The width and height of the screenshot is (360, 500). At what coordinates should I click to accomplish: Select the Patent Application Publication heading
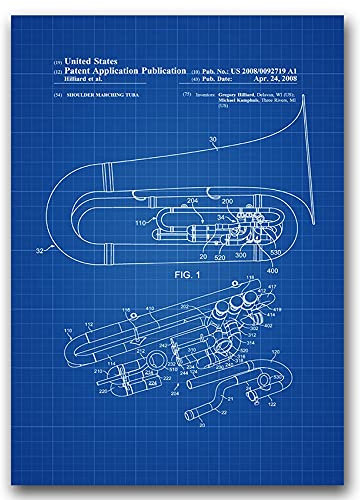point(119,71)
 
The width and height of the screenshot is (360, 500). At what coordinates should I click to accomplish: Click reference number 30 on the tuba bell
point(213,140)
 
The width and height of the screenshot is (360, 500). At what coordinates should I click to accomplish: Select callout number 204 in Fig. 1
point(194,199)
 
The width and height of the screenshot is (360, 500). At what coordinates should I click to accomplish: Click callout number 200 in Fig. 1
point(227,201)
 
